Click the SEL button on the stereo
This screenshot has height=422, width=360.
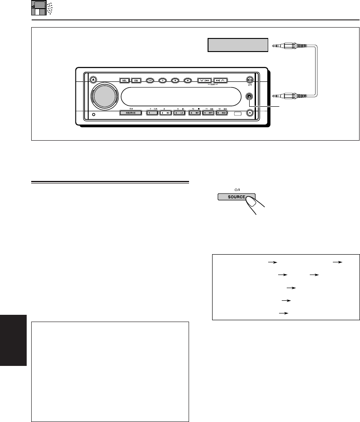pos(124,81)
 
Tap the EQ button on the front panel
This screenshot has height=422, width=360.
pos(136,81)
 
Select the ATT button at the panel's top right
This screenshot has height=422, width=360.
pos(249,80)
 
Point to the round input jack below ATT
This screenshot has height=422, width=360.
pos(249,96)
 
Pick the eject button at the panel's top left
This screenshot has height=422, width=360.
pos(93,80)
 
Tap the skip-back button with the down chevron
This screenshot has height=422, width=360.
pos(205,81)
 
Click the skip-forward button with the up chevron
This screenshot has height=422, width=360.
pos(221,81)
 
